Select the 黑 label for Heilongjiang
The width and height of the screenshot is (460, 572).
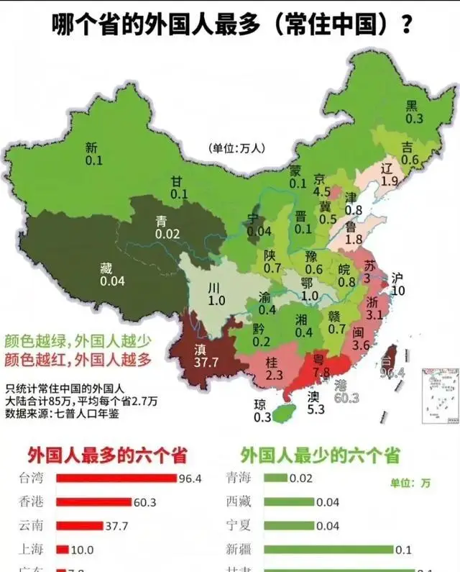pyautogui.click(x=412, y=105)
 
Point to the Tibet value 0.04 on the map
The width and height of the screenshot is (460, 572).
pyautogui.click(x=113, y=281)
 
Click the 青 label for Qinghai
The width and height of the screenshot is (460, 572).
pyautogui.click(x=162, y=221)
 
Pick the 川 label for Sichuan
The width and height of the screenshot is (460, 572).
pyautogui.click(x=214, y=288)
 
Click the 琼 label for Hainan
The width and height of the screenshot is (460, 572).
pyautogui.click(x=261, y=404)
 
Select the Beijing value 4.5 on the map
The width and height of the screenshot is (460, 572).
pyautogui.click(x=323, y=192)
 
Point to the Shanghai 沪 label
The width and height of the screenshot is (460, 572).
pyautogui.click(x=398, y=278)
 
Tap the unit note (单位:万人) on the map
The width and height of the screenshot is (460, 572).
pyautogui.click(x=237, y=148)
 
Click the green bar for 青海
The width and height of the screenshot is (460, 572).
pyautogui.click(x=277, y=478)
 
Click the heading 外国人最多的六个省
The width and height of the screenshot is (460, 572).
pyautogui.click(x=107, y=455)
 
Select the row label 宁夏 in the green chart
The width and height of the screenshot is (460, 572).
pyautogui.click(x=239, y=526)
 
